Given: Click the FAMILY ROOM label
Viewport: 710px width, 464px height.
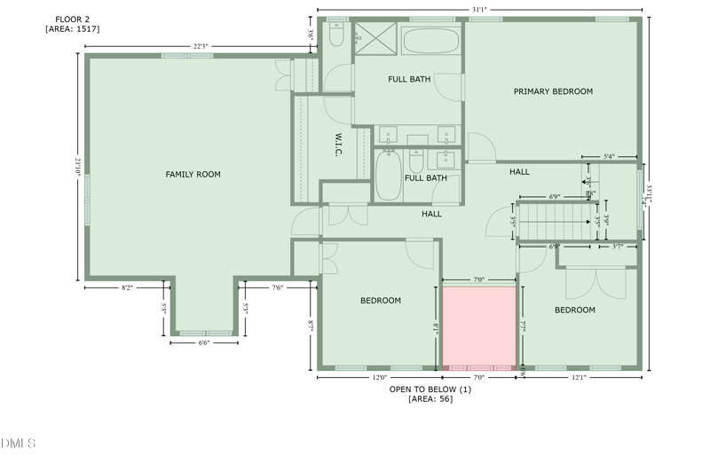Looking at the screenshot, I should click(193, 175).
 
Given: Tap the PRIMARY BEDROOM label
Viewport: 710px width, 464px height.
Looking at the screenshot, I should click(553, 91).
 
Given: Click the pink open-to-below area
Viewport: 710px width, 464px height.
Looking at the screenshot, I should click(479, 326).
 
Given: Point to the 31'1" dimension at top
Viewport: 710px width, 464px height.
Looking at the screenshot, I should click(479, 10).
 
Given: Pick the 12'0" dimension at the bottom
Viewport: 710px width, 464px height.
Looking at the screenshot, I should click(379, 378).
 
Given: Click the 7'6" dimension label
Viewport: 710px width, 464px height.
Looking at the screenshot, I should click(277, 287).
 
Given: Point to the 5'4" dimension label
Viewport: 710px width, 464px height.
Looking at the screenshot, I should click(609, 157).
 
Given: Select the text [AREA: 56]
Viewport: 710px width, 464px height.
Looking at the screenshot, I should click(430, 399).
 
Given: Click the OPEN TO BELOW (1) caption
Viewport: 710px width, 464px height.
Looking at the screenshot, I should click(430, 389).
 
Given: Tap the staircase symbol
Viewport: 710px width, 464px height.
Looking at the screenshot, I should click(554, 222).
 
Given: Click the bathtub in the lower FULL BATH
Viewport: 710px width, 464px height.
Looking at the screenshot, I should click(388, 176).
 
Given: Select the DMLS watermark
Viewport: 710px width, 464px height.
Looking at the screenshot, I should click(18, 443).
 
